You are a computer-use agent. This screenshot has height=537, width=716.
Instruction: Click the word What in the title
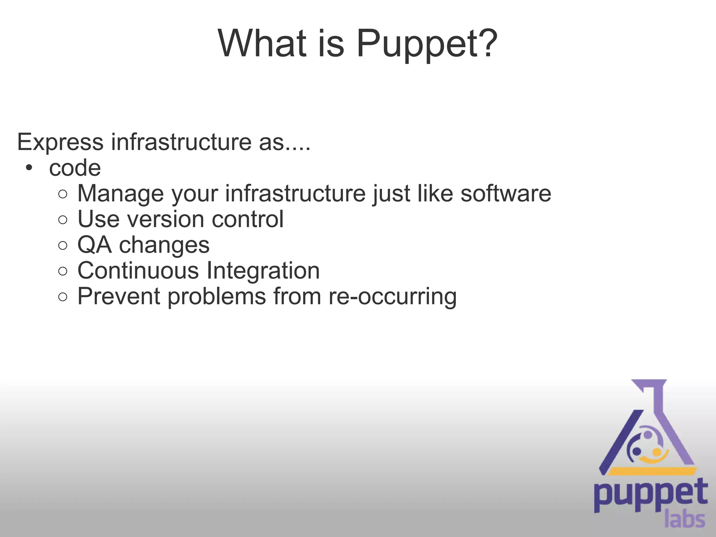click(262, 43)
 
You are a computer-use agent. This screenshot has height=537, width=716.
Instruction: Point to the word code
click(75, 168)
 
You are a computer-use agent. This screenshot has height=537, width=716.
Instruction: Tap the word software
click(506, 193)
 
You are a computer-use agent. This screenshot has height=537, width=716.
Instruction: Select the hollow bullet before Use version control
click(63, 220)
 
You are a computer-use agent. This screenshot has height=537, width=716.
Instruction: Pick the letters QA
click(94, 245)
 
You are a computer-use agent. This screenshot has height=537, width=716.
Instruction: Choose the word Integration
click(263, 271)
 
